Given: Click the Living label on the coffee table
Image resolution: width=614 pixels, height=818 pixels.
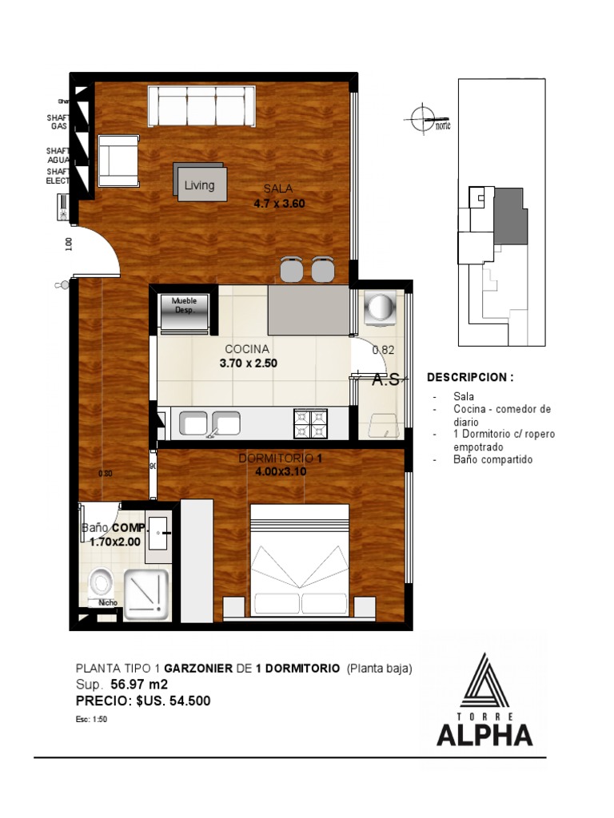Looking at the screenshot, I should (x=200, y=185).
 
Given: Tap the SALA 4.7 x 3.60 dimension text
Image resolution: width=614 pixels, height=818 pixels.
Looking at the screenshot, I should (x=279, y=197).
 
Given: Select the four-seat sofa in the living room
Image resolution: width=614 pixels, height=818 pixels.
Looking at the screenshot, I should (x=201, y=105).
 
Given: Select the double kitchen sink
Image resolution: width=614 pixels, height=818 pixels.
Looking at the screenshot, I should (x=210, y=423).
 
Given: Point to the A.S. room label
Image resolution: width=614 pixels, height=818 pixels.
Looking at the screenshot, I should (x=385, y=381).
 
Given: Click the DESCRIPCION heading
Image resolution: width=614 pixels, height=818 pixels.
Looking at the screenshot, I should (x=470, y=377).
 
